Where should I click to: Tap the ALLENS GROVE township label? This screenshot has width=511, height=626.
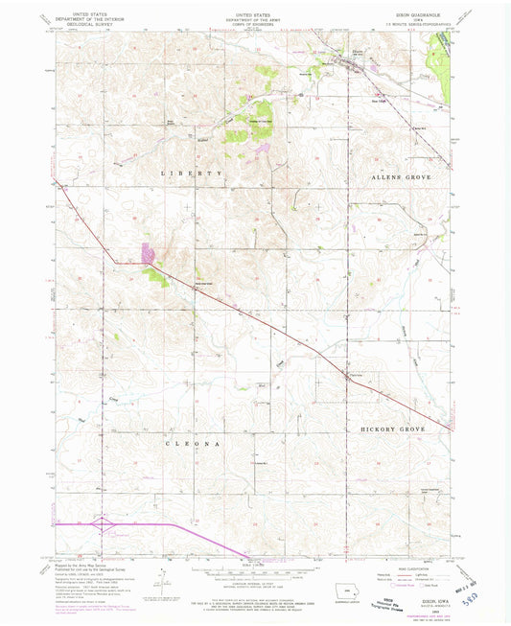click(x=395, y=178)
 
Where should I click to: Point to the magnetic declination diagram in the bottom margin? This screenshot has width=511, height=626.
click(x=165, y=583)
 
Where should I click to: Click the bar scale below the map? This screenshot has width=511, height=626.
click(x=254, y=572)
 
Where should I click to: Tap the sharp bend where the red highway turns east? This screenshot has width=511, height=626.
click(x=116, y=261)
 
